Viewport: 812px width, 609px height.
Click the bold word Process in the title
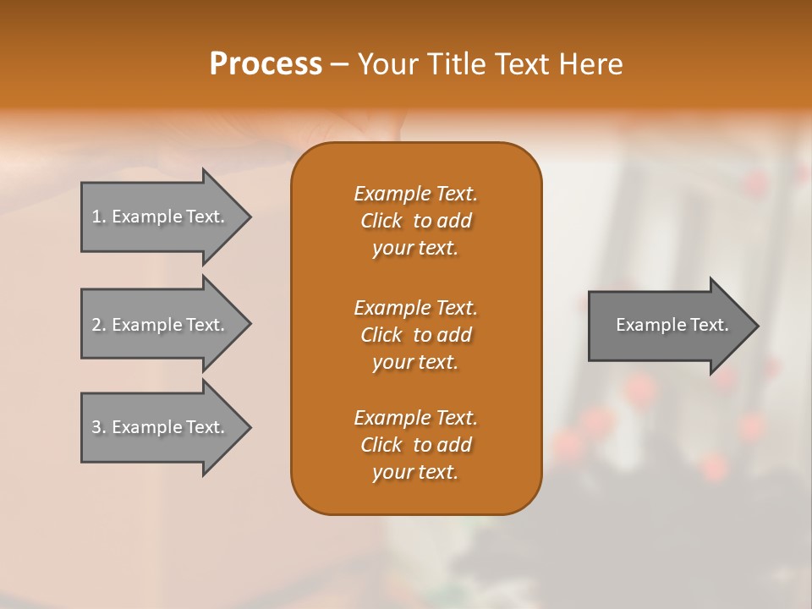point(266,64)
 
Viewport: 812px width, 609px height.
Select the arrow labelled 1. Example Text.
point(161,217)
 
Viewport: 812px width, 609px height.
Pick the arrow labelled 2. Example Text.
point(161,325)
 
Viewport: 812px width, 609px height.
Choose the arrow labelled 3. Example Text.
point(161,427)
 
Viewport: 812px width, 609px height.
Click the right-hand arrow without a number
point(668,325)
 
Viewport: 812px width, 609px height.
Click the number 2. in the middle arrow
point(99,325)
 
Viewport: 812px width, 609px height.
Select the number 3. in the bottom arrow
point(99,427)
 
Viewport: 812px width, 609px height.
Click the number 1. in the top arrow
point(99,217)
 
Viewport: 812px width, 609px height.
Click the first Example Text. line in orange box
point(415,194)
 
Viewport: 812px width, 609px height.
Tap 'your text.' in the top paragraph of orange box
point(415,248)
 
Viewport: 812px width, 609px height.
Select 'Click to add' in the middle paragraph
point(415,335)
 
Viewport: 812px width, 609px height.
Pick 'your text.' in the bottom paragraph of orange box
point(415,472)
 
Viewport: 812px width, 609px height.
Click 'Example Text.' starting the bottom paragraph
point(415,418)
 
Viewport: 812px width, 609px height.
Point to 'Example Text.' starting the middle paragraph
point(415,308)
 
